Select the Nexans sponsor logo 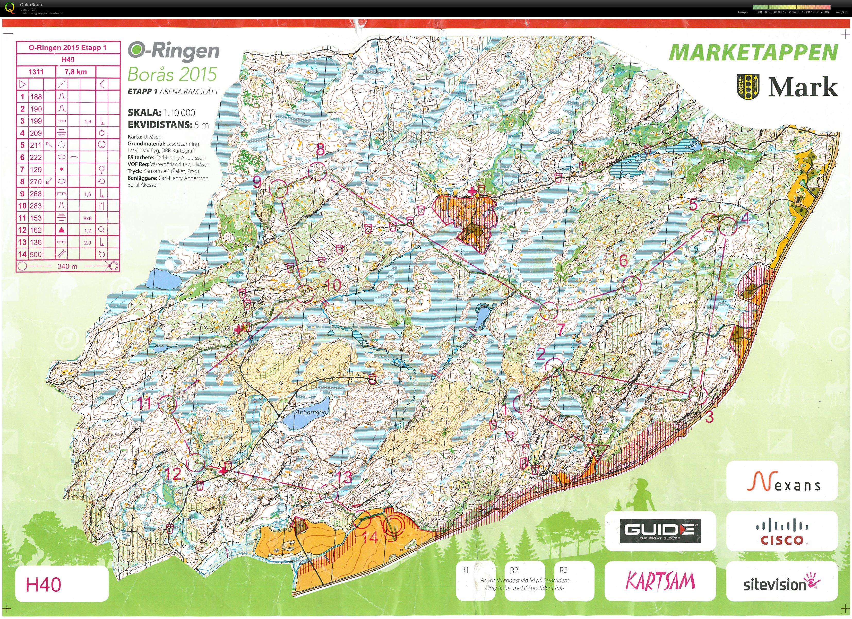pos(782,482)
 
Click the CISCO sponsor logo pos(782,531)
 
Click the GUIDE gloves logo pos(660,530)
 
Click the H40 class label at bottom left pos(44,585)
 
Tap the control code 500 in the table pos(36,254)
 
